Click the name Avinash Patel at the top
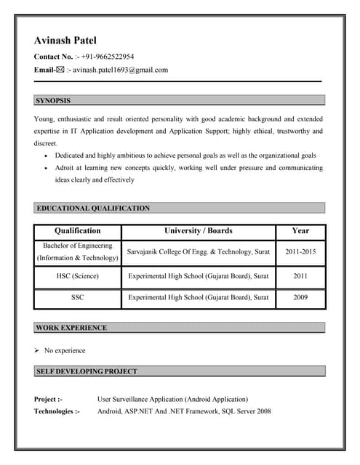65,41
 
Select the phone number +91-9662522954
107,56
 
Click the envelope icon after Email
60,70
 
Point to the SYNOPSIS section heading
53,100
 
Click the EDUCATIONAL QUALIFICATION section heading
93,209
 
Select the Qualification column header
78,231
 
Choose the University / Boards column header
199,231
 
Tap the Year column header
300,231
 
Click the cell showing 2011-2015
300,251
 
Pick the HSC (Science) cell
78,276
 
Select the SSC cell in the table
78,297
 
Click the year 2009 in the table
300,297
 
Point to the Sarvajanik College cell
199,251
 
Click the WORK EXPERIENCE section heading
71,328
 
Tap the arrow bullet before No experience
37,350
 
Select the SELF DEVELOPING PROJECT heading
87,371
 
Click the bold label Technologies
57,411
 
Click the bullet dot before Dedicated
47,156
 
